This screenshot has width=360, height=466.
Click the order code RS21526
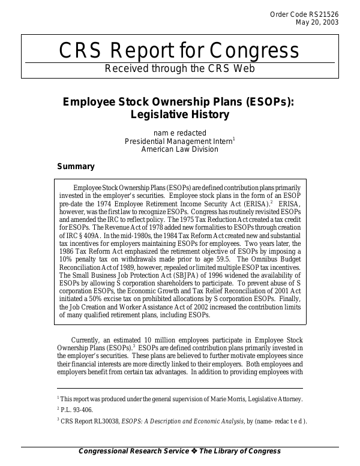pos(325,14)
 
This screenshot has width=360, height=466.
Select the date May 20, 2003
pos(317,23)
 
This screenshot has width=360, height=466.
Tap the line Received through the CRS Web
pos(180,68)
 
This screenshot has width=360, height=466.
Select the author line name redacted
pos(180,133)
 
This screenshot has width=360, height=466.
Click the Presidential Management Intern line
pos(179,141)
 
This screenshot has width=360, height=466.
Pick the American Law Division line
pos(180,149)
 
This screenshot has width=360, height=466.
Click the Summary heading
pos(76,167)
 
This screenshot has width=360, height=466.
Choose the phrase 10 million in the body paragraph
pos(163,341)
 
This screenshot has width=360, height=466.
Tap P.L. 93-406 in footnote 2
pos(79,410)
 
